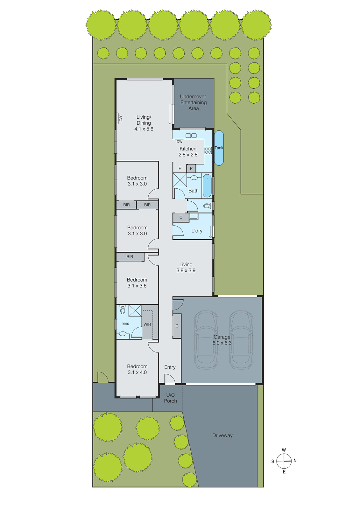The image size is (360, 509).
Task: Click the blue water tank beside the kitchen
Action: (219, 148)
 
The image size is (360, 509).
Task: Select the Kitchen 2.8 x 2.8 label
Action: (188, 152)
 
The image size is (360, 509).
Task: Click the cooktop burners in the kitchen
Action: (208, 150)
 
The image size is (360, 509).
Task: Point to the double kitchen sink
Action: (191, 136)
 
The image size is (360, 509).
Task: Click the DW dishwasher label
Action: (180, 142)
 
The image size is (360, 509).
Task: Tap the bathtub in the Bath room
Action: (207, 185)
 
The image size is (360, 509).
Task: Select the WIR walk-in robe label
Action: (147, 324)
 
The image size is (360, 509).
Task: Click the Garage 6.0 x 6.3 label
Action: (222, 340)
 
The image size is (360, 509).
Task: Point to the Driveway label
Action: (222, 435)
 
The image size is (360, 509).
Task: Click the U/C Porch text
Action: (170, 398)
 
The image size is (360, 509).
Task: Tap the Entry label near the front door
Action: (170, 367)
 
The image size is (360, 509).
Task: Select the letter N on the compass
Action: (295, 460)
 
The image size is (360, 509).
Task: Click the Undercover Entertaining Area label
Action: (193, 102)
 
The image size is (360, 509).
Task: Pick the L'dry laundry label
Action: (197, 231)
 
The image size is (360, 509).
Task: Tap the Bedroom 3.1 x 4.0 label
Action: (137, 369)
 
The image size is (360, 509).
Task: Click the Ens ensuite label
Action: (126, 324)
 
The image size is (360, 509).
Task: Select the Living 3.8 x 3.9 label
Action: (186, 267)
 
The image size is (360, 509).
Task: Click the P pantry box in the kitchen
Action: (191, 168)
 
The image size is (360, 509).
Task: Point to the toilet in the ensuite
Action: (123, 309)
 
